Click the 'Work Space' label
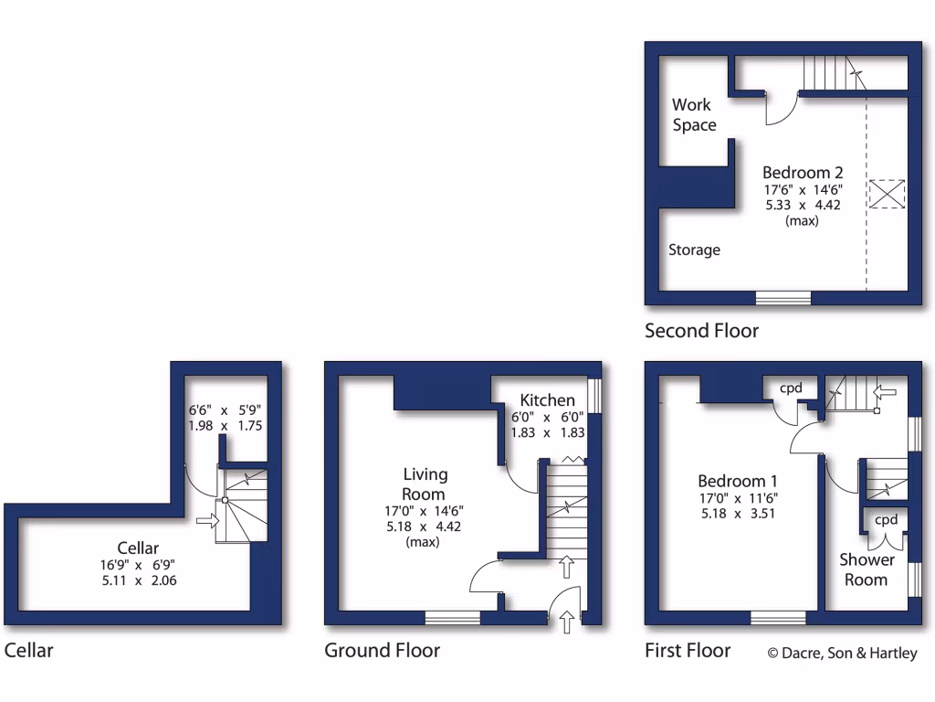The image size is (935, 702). pos(694,115)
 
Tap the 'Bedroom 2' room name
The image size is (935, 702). pos(803,172)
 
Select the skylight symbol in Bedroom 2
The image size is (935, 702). pos(886,194)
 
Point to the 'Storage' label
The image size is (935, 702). pos(694,250)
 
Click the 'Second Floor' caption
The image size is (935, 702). pos(701,330)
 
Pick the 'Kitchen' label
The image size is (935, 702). pos(547,400)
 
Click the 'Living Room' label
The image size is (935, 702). pos(425,484)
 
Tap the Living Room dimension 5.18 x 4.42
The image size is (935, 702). pos(425,526)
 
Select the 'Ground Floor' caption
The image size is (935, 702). pos(382,650)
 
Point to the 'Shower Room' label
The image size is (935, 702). pos(867,569)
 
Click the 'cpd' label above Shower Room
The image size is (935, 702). pos(886,519)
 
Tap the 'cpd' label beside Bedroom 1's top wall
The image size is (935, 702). pos(790,388)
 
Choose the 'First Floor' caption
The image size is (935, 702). pos(688,650)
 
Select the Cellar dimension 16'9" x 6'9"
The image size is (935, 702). pos(137,564)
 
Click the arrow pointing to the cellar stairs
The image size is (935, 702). pos(207,521)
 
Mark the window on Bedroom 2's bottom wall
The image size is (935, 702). pos(783,298)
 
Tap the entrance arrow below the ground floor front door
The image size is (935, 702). pos(568,622)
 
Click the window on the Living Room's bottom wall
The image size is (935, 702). pos(452,619)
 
